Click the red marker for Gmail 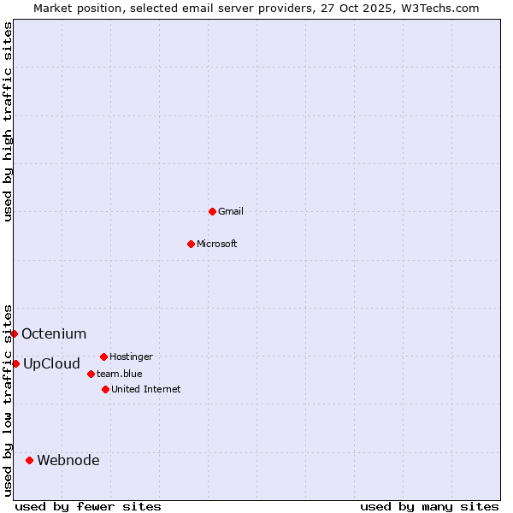tap(212, 211)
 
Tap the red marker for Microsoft tap(191, 244)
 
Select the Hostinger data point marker tap(103, 357)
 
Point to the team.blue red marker tap(91, 374)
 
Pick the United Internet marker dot tap(105, 389)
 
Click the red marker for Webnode tap(29, 460)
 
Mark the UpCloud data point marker tap(15, 363)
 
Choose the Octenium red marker tap(14, 333)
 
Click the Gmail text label tap(231, 211)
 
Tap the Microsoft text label tap(217, 244)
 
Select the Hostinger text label tap(132, 357)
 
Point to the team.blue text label tap(120, 374)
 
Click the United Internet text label tap(146, 389)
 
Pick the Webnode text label tap(68, 460)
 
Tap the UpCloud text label tap(51, 363)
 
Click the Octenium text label tap(54, 333)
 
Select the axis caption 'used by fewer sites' tap(88, 506)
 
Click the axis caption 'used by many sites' tap(429, 506)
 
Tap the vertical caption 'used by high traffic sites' tap(8, 121)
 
